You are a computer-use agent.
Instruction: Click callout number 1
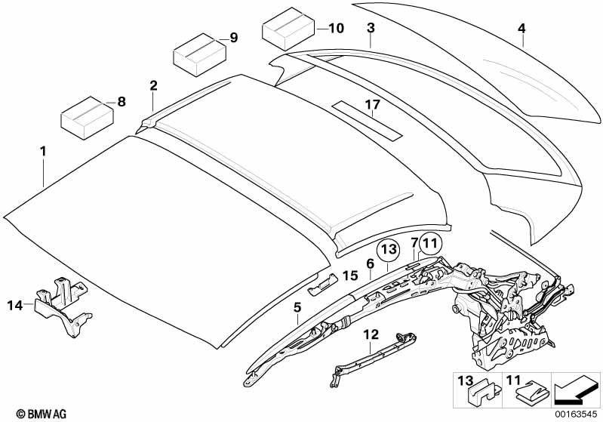click(x=43, y=152)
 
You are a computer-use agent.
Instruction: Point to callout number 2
click(x=153, y=85)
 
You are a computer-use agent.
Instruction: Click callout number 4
click(x=521, y=29)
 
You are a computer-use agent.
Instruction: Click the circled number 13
click(x=388, y=248)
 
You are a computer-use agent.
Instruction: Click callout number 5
click(x=297, y=307)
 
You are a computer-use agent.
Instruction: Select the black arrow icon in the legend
click(x=575, y=389)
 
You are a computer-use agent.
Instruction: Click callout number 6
click(x=370, y=263)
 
